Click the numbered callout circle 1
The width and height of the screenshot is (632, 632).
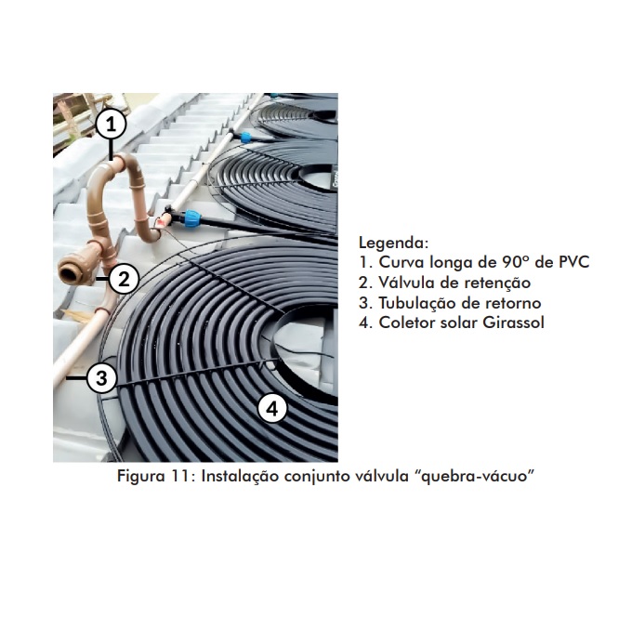(x=111, y=125)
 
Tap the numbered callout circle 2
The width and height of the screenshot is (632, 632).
(x=124, y=279)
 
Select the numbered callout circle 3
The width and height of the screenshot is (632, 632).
(x=101, y=377)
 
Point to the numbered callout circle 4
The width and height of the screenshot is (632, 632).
(x=272, y=408)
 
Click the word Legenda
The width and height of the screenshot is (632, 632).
(x=393, y=243)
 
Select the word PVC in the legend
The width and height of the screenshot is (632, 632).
(x=573, y=262)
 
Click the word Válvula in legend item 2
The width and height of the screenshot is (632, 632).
(x=406, y=283)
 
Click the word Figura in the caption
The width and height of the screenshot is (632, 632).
(x=141, y=476)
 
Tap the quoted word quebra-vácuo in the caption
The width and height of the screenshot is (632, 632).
(x=474, y=476)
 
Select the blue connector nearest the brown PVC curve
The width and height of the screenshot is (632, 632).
(x=192, y=218)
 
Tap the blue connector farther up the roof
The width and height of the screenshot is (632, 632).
(x=244, y=138)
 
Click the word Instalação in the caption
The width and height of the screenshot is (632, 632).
(x=240, y=476)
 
